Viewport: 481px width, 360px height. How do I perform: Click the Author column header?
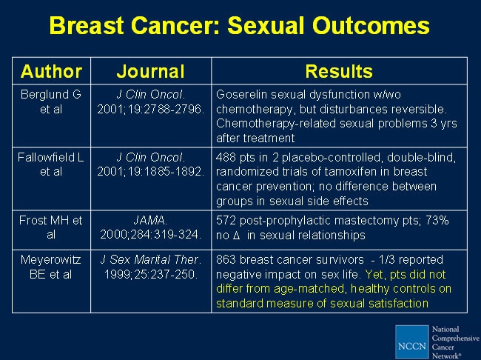[51, 71]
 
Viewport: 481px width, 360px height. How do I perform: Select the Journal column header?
[151, 71]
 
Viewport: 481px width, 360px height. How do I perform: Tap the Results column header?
[339, 71]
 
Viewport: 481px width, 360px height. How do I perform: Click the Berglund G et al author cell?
[51, 101]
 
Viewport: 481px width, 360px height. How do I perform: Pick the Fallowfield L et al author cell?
[51, 164]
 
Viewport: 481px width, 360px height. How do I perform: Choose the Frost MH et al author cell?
[51, 227]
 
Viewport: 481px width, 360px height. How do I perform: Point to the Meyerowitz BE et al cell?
[51, 267]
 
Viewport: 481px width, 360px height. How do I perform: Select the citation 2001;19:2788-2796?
[151, 110]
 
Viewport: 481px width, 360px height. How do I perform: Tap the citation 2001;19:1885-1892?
[151, 171]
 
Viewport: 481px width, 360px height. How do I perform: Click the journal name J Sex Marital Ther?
[151, 260]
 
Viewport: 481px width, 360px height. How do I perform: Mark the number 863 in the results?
[226, 260]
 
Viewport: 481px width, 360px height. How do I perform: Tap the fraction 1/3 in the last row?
[387, 260]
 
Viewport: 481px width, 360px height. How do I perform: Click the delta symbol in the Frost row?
[236, 236]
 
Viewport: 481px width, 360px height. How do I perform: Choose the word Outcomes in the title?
[371, 25]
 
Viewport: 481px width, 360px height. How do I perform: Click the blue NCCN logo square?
[411, 341]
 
